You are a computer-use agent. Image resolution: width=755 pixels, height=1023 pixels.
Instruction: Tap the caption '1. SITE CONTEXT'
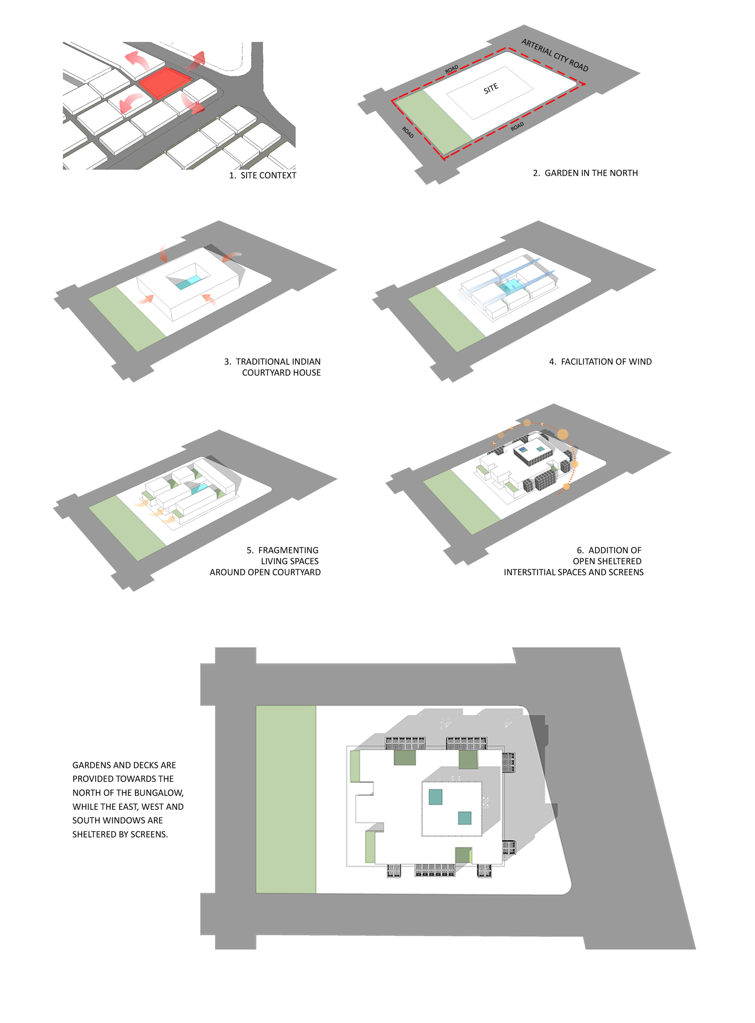tap(262, 175)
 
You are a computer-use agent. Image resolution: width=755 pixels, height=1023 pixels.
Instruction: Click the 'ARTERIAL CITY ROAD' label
tap(555, 55)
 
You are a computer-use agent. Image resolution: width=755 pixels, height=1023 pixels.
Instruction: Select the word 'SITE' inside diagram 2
tap(490, 88)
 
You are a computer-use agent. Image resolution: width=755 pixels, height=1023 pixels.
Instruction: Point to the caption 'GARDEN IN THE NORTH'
tap(591, 173)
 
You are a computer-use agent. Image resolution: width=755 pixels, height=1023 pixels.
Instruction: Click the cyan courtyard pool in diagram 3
tap(188, 282)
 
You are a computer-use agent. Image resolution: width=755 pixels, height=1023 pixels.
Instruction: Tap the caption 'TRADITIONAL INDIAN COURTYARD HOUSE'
tap(273, 367)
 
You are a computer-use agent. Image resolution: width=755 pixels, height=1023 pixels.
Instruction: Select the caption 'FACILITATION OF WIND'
tap(600, 362)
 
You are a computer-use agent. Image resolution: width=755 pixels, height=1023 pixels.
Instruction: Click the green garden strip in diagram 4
tap(447, 319)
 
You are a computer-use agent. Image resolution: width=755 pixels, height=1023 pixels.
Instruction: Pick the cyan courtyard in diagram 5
tap(199, 488)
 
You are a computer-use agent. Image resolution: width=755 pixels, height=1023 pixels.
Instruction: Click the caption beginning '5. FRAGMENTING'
tap(265, 561)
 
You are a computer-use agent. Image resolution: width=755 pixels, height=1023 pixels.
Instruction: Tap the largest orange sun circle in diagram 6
tap(562, 434)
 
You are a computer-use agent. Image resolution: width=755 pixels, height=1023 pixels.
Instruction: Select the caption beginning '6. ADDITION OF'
tap(573, 561)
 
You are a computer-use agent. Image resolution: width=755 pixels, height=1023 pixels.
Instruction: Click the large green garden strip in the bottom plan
tap(286, 799)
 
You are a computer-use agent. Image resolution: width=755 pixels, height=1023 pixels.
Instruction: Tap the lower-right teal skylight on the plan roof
tap(464, 817)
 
